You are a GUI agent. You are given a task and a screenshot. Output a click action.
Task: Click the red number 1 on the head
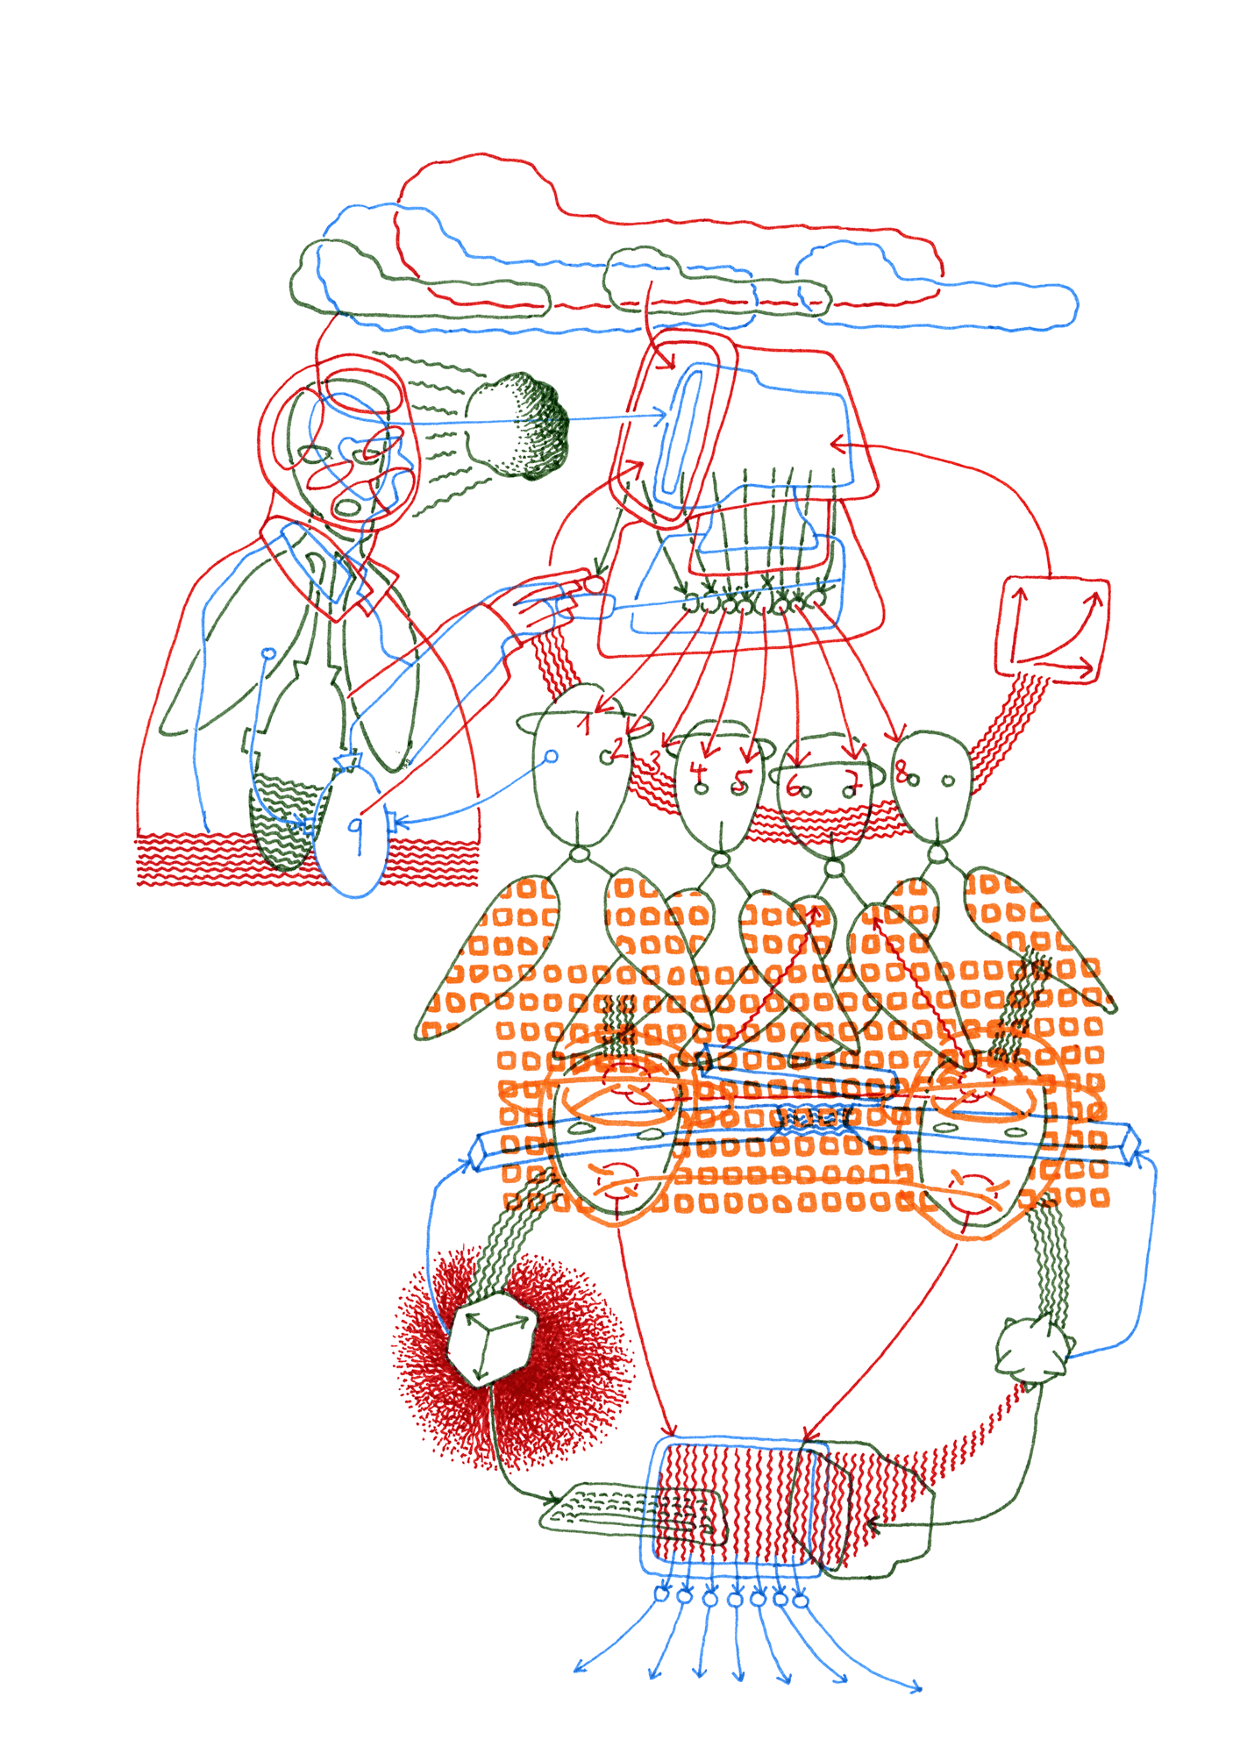586,724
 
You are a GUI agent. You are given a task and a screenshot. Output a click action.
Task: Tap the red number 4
698,771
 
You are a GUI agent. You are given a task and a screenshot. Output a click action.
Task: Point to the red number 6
794,783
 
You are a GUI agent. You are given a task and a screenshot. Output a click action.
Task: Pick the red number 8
901,773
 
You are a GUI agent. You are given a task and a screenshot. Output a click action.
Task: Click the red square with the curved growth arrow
1051,628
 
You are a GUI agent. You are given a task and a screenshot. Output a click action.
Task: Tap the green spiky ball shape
1034,1351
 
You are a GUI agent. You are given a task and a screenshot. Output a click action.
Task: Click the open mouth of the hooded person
349,506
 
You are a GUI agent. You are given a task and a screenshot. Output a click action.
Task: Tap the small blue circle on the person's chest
269,653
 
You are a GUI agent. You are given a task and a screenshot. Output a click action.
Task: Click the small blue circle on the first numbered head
552,756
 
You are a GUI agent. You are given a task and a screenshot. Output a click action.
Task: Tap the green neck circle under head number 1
579,854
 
